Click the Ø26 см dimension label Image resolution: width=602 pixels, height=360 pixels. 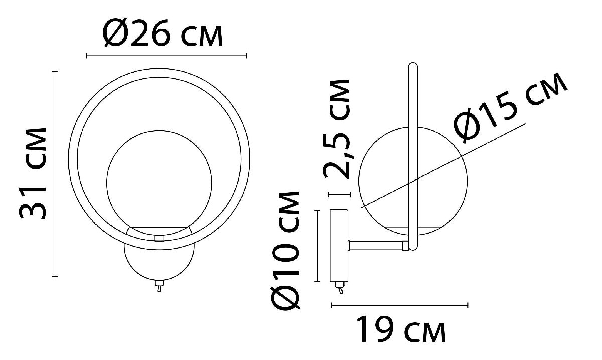(x=163, y=33)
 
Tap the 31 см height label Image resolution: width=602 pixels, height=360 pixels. (x=33, y=173)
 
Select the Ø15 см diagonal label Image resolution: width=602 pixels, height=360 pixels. (x=510, y=108)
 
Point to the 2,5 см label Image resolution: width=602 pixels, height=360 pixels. (x=337, y=129)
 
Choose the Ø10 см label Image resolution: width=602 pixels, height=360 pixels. (x=285, y=250)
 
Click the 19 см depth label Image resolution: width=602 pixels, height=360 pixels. (x=401, y=329)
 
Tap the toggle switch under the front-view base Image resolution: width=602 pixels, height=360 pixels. (x=159, y=286)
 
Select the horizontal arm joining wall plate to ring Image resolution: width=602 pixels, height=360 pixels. (x=376, y=245)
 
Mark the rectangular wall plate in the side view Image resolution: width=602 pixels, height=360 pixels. (x=339, y=246)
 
